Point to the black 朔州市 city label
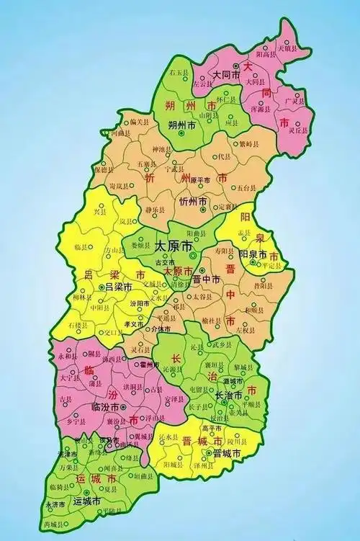(181, 125)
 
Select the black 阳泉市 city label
(253, 254)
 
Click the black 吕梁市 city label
(119, 287)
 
